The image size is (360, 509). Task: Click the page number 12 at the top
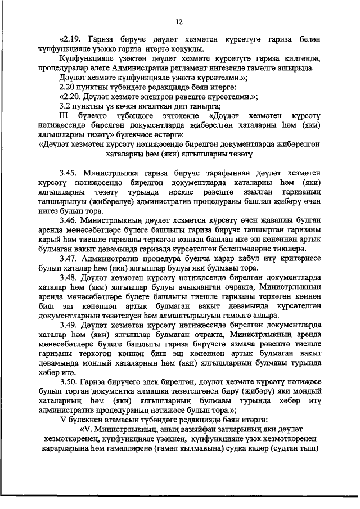[179, 21]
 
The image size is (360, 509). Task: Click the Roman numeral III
[64, 115]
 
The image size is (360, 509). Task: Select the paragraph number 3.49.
[71, 324]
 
